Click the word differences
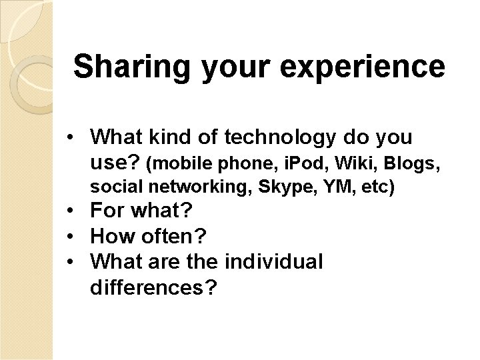[153, 287]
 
